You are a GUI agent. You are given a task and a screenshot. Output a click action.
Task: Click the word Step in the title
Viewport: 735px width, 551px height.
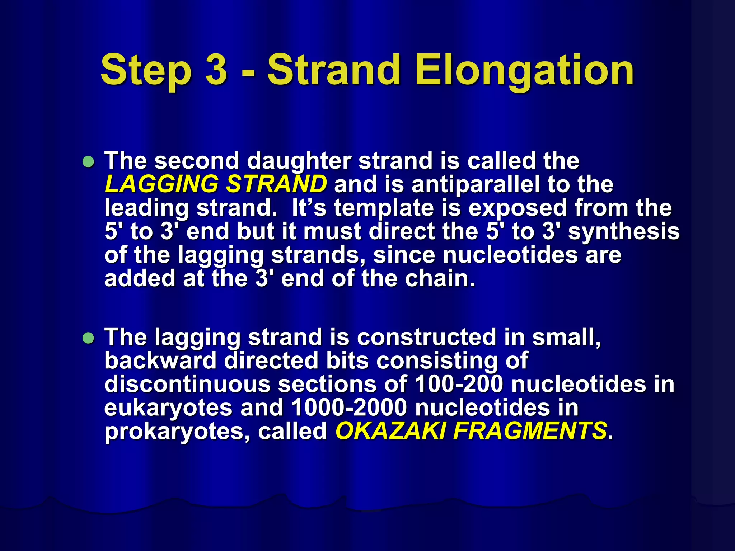pyautogui.click(x=146, y=70)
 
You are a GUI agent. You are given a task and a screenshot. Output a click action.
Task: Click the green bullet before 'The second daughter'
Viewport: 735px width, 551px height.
pyautogui.click(x=88, y=162)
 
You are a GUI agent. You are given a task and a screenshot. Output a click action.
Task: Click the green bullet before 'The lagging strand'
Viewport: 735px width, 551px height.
pyautogui.click(x=88, y=338)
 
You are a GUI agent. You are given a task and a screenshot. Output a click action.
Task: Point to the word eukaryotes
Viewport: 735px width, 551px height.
pyautogui.click(x=168, y=408)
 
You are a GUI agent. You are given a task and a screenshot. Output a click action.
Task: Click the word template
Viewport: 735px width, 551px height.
pyautogui.click(x=384, y=208)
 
